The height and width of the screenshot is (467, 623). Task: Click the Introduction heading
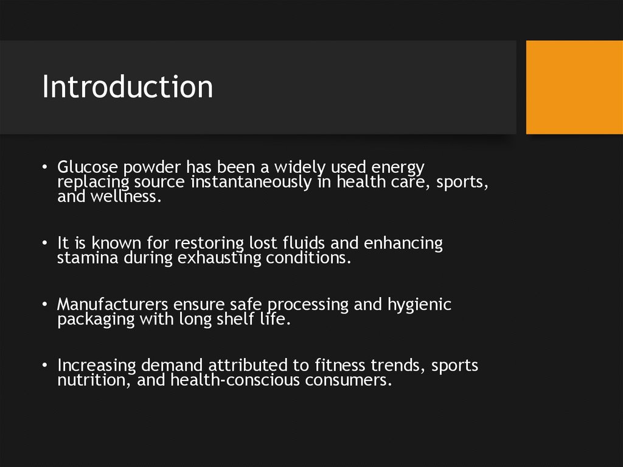click(x=128, y=87)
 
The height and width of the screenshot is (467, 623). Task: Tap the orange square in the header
click(x=574, y=87)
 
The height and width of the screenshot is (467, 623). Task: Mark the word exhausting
click(x=221, y=259)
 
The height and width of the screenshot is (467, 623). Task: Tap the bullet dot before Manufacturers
click(x=46, y=304)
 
